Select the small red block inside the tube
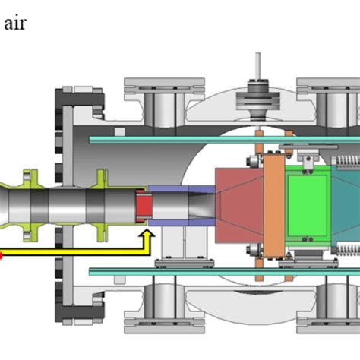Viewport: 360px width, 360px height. (144, 204)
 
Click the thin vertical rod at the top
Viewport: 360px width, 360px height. (258, 65)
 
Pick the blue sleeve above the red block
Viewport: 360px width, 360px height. (167, 189)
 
